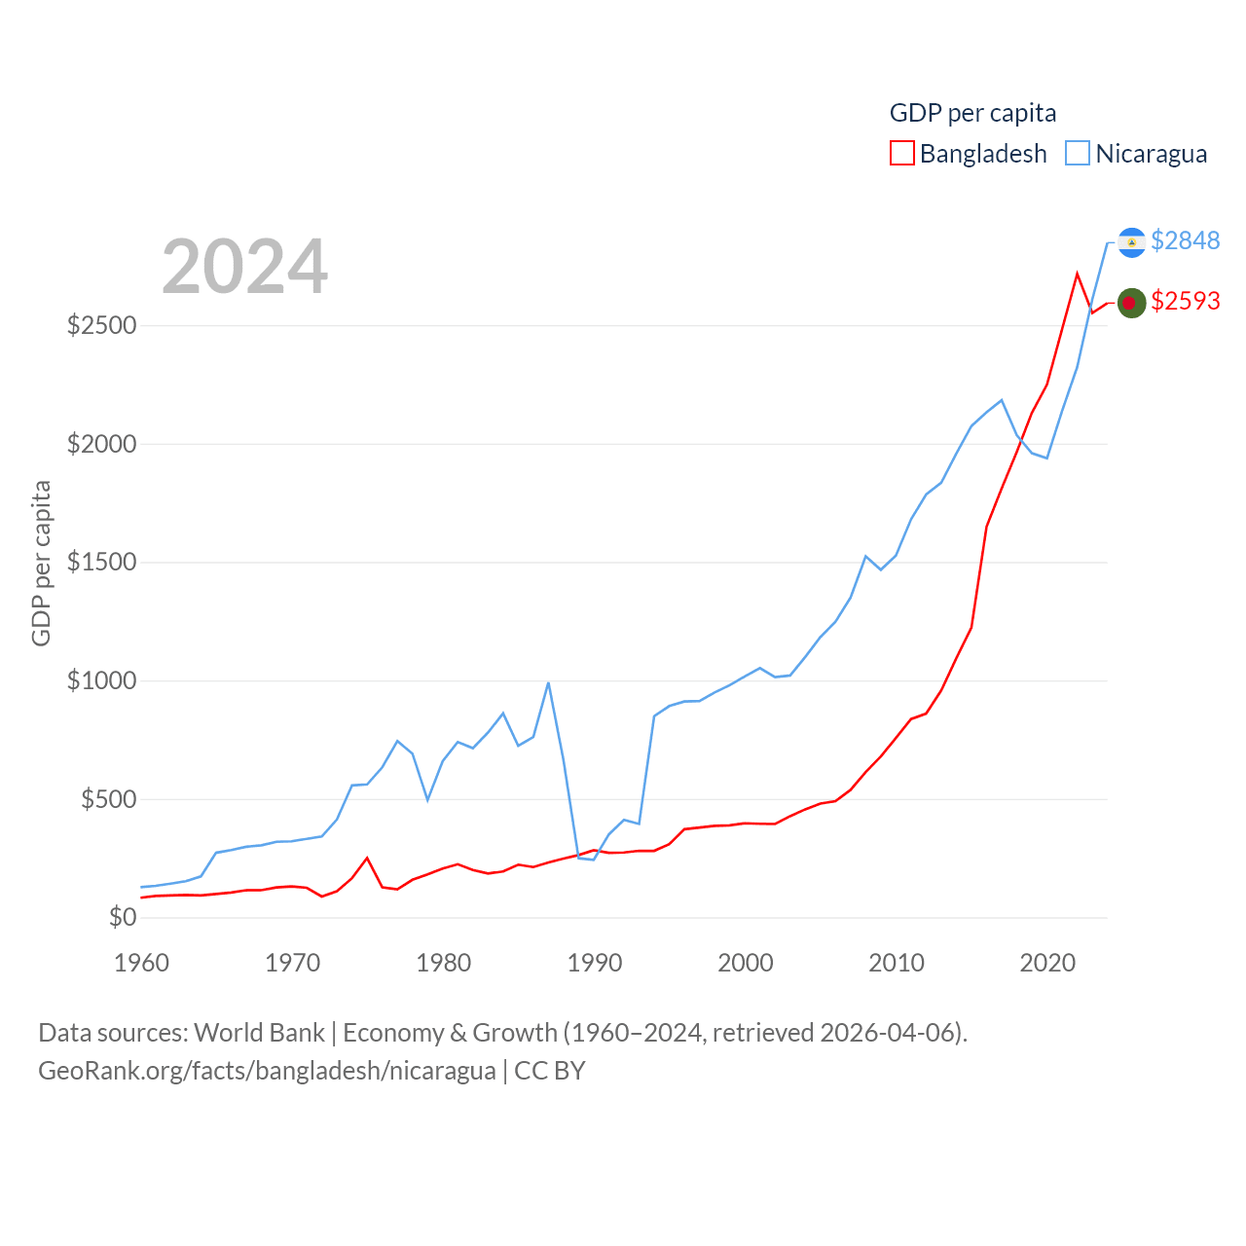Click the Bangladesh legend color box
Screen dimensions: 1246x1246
point(902,154)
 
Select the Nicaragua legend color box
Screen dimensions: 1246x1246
point(1078,154)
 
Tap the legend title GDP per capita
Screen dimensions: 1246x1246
point(972,113)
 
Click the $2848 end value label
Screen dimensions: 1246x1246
point(1185,240)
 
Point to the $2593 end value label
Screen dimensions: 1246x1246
point(1185,301)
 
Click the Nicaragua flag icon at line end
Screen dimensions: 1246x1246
point(1131,241)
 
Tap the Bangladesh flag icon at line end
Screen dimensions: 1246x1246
point(1130,303)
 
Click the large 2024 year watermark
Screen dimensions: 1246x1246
point(244,267)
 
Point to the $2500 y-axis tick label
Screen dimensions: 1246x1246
point(101,325)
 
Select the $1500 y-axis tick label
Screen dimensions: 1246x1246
point(101,562)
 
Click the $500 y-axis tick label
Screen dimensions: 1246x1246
point(108,799)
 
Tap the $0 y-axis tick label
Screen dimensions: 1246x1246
point(123,917)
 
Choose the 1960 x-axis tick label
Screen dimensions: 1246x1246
point(141,963)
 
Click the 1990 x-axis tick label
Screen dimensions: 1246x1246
point(594,963)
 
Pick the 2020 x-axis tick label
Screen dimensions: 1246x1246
point(1047,963)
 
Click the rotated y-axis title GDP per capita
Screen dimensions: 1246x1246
point(41,563)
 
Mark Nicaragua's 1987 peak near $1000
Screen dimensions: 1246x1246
point(548,682)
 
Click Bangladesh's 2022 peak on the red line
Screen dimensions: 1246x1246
point(1077,274)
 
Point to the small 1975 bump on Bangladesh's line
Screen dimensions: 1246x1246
point(367,858)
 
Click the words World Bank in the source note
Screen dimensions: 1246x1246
point(259,1032)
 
